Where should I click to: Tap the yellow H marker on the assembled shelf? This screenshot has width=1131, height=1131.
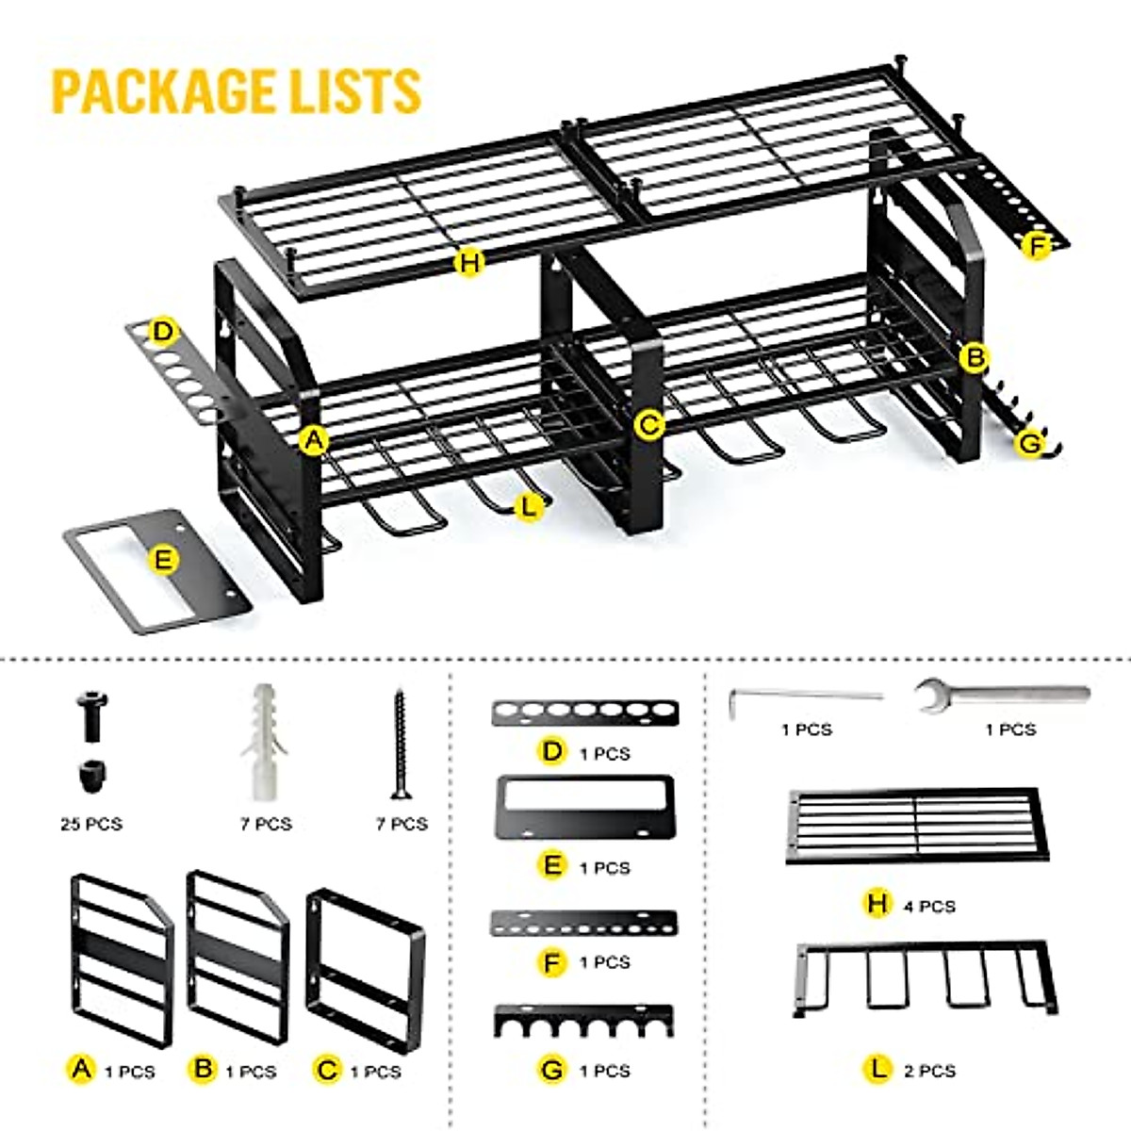click(x=468, y=262)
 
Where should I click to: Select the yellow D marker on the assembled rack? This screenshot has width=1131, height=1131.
click(x=163, y=332)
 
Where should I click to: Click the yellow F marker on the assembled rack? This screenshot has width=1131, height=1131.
click(x=1036, y=247)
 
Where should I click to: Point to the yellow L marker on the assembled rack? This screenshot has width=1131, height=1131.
click(x=530, y=506)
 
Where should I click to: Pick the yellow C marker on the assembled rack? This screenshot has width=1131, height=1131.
click(x=648, y=425)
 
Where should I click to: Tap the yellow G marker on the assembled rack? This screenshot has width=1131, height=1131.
click(x=1030, y=442)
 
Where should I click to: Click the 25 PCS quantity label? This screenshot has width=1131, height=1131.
click(x=91, y=824)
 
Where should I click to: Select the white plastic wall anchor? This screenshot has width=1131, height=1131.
click(x=265, y=745)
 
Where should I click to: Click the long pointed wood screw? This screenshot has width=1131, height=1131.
click(x=401, y=745)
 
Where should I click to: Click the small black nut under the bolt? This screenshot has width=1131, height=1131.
click(x=90, y=775)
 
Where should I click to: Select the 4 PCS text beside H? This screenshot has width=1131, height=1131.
click(x=929, y=906)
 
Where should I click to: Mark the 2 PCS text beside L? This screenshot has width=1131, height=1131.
click(x=929, y=1071)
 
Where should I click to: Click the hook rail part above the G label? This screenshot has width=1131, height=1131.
click(x=584, y=1022)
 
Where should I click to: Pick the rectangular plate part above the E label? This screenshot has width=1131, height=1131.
click(x=584, y=808)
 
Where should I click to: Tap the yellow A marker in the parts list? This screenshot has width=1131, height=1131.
click(x=82, y=1070)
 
